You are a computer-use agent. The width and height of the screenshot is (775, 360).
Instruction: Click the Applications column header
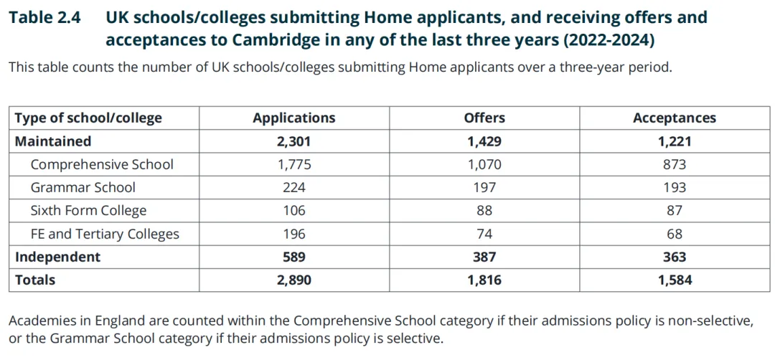pos(293,118)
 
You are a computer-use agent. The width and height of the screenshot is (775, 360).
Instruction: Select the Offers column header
pos(484,118)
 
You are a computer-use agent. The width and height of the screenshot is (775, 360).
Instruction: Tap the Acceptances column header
pos(674,118)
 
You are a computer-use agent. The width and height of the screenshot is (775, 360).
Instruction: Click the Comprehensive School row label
pos(102,164)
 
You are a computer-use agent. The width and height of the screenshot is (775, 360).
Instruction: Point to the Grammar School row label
pos(83,187)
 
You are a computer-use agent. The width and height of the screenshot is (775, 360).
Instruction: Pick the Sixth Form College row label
pos(88,210)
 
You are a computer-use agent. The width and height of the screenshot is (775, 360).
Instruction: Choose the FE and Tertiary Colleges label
pos(105,234)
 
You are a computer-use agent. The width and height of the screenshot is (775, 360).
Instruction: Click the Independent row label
pos(58,257)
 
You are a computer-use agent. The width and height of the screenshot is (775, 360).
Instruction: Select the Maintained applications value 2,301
pos(293,141)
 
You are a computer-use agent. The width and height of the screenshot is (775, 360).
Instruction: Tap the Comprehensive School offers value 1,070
pos(484,164)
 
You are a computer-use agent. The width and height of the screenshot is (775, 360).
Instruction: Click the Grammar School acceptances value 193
pos(674,187)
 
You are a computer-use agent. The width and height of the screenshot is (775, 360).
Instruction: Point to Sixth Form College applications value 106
pos(293,210)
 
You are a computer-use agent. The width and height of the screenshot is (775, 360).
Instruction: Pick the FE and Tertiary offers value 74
pos(484,234)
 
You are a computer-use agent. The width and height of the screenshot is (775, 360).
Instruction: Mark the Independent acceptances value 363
pos(674,257)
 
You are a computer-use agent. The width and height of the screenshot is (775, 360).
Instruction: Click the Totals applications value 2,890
pos(293,280)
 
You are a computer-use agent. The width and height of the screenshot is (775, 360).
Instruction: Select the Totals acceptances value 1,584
pos(674,280)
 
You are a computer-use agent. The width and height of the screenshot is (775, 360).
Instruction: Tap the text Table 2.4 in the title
pos(44,18)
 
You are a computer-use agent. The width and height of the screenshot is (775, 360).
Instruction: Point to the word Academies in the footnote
pos(42,321)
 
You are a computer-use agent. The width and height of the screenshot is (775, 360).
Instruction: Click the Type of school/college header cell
pos(88,118)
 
